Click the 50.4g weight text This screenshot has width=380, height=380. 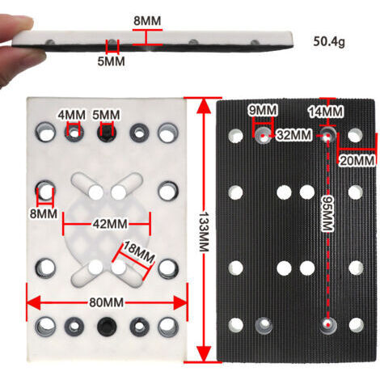click(x=329, y=41)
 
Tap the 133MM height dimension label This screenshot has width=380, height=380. click(x=204, y=232)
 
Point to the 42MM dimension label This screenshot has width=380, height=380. click(x=110, y=224)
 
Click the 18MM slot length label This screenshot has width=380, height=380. click(x=139, y=252)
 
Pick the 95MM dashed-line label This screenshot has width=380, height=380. click(x=328, y=213)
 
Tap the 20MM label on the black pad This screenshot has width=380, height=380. click(x=357, y=161)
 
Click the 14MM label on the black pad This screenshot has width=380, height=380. click(x=326, y=112)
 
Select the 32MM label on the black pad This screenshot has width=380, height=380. click(x=294, y=135)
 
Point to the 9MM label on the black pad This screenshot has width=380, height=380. click(x=263, y=110)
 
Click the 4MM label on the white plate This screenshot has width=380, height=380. click(x=72, y=115)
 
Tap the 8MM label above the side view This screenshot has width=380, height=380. click(x=147, y=21)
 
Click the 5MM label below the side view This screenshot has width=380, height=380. click(x=111, y=61)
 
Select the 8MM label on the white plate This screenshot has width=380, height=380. click(x=44, y=213)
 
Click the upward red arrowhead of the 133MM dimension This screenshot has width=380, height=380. click(x=204, y=106)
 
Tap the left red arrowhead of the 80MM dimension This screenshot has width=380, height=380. click(x=34, y=302)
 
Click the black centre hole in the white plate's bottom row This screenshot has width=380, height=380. click(x=107, y=326)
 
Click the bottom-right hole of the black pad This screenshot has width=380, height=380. click(x=357, y=325)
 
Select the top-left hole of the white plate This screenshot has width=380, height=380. click(x=46, y=132)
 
